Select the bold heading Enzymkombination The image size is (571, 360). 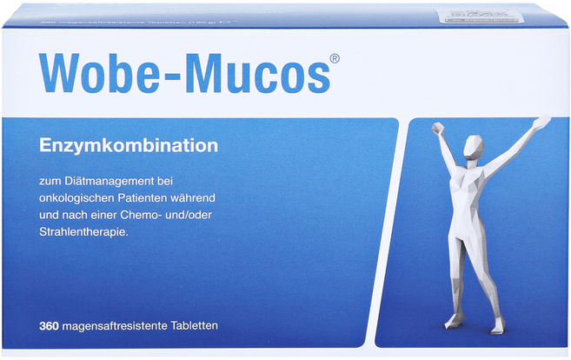click(127, 145)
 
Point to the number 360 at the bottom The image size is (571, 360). click(47, 325)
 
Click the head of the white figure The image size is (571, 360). click(472, 144)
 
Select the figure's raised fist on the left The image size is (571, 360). click(435, 129)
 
